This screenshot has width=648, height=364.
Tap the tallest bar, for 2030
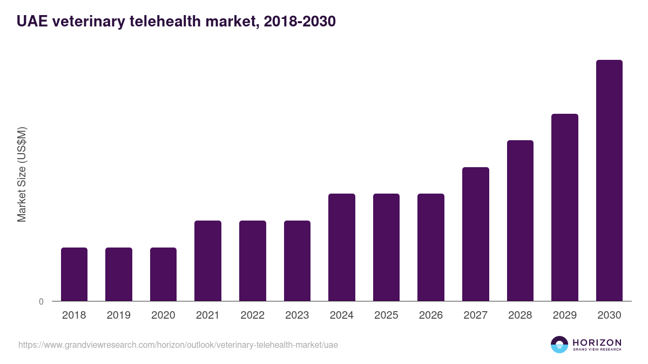(609, 181)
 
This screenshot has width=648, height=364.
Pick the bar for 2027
(476, 234)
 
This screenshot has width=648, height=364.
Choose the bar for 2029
(565, 208)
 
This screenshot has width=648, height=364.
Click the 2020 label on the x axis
(163, 315)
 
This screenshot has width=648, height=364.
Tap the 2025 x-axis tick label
(386, 315)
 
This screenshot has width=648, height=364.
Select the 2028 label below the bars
(520, 315)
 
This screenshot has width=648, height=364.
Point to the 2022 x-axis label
(252, 315)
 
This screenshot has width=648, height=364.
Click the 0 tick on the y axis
(41, 301)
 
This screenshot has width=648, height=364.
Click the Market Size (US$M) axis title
(22, 174)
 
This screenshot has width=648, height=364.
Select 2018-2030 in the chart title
(296, 22)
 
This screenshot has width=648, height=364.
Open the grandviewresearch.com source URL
(178, 345)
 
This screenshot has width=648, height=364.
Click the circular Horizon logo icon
(559, 345)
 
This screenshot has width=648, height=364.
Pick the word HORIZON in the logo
(597, 342)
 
